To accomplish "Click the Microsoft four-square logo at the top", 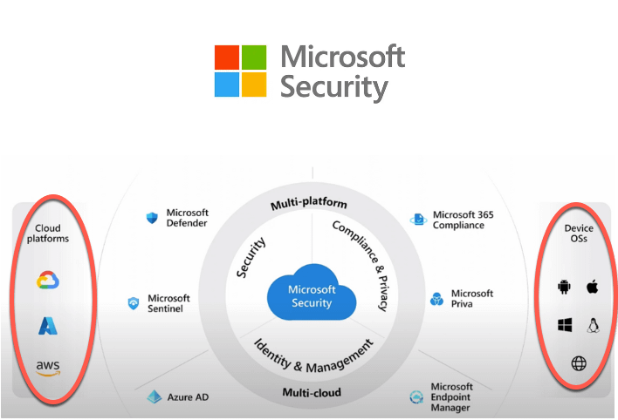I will (240, 71).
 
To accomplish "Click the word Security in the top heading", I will (333, 88).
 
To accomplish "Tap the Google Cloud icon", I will (47, 281).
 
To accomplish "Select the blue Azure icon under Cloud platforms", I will (47, 326).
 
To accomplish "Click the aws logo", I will (48, 369).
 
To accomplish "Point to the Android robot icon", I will (563, 287).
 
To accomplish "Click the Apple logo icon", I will (592, 287).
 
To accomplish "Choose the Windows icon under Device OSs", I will (564, 325).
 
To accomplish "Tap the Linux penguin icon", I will (593, 325).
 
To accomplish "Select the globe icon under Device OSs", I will (578, 363).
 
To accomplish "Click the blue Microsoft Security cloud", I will (312, 295).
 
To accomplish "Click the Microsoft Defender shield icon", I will (152, 218).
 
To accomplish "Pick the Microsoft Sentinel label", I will (168, 303).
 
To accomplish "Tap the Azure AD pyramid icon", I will (154, 397).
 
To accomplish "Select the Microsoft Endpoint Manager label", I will (451, 397).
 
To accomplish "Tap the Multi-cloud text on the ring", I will (312, 392).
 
